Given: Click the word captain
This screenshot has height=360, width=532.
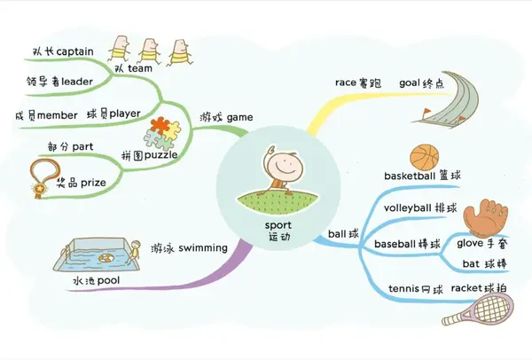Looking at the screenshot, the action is (74, 52).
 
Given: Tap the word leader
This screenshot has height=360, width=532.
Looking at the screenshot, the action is (77, 82).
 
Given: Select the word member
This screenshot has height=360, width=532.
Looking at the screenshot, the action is (58, 115).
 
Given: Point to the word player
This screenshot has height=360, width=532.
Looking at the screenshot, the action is (125, 114).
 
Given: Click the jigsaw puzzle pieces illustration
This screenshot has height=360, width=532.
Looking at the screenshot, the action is (162, 134).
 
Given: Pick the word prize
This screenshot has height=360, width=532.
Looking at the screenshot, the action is (93, 183).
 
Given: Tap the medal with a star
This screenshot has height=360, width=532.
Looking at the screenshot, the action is (43, 178).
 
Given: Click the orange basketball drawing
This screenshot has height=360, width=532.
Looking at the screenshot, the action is (425, 158).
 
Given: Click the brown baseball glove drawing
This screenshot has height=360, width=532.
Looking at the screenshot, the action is (486, 218).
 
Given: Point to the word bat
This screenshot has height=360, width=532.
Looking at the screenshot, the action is (471, 264).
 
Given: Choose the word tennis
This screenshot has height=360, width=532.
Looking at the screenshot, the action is (403, 289).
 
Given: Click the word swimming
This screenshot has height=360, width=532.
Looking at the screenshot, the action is (203, 248).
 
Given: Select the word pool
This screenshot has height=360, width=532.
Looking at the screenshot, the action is (108, 281).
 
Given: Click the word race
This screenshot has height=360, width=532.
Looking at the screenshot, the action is (346, 82).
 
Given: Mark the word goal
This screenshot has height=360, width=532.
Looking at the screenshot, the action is (410, 83).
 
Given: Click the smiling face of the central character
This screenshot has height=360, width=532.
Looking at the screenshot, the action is (285, 168).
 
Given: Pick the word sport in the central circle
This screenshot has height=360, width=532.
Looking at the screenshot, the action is (278, 225).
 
